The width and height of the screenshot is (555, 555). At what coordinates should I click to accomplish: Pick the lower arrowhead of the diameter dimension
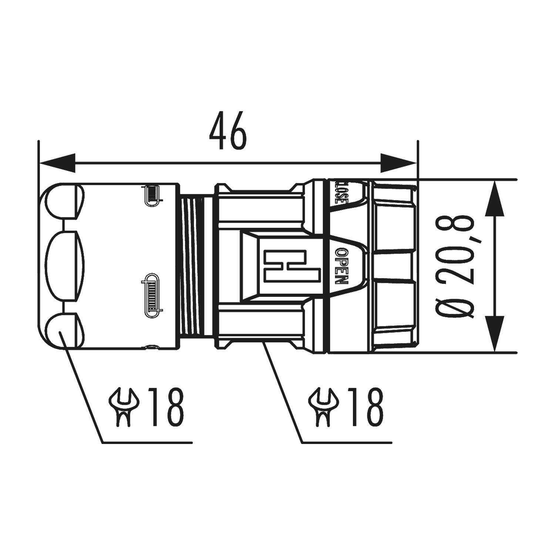(495, 333)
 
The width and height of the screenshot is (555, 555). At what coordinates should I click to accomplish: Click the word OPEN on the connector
(341, 266)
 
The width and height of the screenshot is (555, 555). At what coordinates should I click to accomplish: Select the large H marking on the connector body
(292, 266)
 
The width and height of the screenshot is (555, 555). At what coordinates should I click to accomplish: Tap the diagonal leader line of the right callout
(283, 392)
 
